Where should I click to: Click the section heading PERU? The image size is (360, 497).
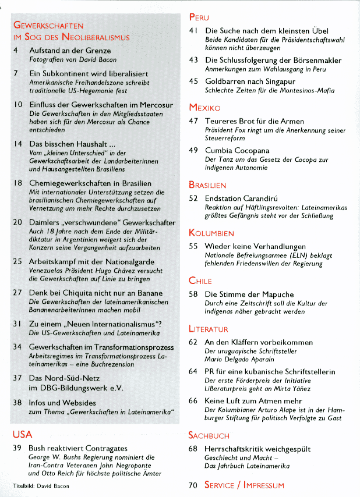coord(199,17)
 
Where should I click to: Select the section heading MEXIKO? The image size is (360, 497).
coord(204,108)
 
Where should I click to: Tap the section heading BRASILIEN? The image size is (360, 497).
coord(207,185)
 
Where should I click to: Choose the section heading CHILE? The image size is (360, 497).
coord(200,281)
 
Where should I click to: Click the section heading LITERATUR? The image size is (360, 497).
coord(208,329)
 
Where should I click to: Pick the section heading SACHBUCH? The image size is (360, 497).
coord(209,435)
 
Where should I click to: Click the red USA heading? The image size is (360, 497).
coord(22,435)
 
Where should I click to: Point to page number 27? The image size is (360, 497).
coord(17,293)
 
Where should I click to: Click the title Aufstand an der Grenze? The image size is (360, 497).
coord(70,51)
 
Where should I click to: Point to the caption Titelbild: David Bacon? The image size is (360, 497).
coord(36,485)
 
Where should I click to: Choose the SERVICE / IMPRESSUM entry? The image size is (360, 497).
coord(244,485)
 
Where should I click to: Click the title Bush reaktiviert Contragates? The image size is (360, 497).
coord(78,449)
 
